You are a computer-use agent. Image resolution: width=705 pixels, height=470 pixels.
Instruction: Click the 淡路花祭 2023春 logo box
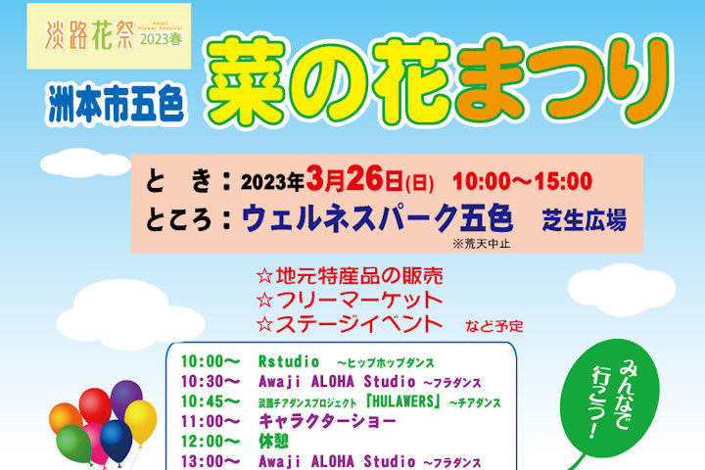(109, 36)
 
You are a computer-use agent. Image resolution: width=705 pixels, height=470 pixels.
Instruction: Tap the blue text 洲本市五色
(116, 104)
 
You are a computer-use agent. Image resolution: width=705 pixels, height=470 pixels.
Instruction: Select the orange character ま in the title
(491, 81)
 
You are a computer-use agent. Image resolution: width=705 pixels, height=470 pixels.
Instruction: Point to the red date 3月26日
(354, 179)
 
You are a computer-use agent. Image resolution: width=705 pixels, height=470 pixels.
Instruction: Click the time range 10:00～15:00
(522, 181)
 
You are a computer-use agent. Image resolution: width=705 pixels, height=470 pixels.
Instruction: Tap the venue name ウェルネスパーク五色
(377, 218)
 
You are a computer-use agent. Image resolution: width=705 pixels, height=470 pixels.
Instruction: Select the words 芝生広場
(584, 220)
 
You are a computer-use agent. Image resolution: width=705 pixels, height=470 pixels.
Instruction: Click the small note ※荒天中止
(481, 243)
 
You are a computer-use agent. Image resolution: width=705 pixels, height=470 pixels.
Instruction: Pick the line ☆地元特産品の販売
(350, 276)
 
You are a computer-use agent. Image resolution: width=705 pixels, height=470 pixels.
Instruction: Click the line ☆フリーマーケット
(350, 300)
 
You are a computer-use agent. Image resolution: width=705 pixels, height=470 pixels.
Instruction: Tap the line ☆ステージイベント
(350, 324)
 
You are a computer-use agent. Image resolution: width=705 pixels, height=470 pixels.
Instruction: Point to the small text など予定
(494, 326)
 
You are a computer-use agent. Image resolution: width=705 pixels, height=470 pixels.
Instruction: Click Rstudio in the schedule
(289, 361)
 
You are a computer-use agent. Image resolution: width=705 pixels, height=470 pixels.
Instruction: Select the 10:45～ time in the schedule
(211, 401)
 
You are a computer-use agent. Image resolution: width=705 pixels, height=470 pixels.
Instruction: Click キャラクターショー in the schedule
(327, 421)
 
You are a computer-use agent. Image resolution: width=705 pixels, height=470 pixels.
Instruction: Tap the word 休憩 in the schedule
(273, 442)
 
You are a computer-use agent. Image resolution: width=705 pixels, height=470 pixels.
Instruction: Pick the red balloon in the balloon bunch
(95, 406)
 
